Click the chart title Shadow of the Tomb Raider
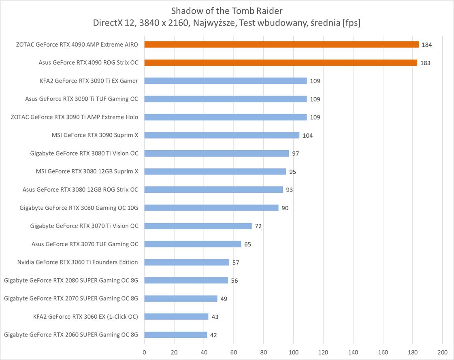point(226,10)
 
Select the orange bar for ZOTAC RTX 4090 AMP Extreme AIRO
point(281,45)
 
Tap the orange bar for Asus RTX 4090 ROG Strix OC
point(280,63)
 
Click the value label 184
point(426,45)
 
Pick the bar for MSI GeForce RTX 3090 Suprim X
point(222,135)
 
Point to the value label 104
point(307,135)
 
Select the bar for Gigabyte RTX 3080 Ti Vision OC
point(216,153)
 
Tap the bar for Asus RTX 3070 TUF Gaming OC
point(192,244)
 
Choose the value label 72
point(258,226)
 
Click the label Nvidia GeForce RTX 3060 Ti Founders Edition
point(77,262)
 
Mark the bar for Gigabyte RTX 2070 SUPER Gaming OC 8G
point(181,298)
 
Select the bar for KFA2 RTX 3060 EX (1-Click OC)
point(176,317)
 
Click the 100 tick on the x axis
point(293,352)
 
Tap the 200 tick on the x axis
point(442,352)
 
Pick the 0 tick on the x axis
point(144,352)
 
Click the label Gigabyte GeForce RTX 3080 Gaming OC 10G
point(79,208)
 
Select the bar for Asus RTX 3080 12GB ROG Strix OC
point(213,190)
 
